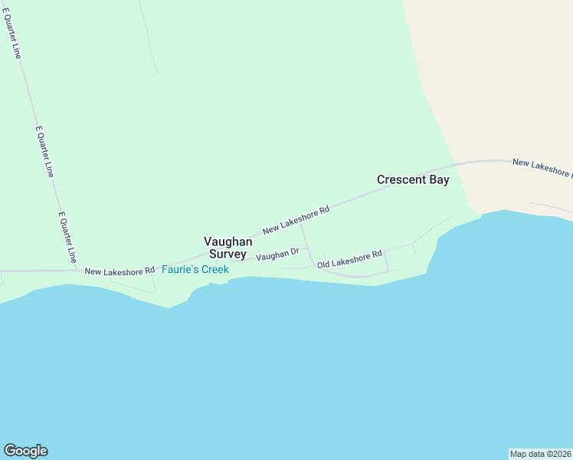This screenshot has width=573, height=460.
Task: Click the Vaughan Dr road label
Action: click(x=277, y=254)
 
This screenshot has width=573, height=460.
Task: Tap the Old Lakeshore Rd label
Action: click(x=349, y=259)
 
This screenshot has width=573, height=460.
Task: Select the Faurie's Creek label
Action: click(x=195, y=270)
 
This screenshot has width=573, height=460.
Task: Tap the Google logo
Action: click(x=25, y=451)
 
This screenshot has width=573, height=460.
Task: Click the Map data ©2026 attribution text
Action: click(x=540, y=454)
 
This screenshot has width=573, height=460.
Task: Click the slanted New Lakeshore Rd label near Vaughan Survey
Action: click(x=296, y=219)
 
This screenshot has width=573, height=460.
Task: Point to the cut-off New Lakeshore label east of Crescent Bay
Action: click(x=542, y=167)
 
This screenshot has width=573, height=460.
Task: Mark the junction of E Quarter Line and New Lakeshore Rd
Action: click(x=80, y=270)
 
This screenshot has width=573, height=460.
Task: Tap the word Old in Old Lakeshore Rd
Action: click(x=324, y=264)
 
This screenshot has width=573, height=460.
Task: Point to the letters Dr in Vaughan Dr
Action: click(x=293, y=251)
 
